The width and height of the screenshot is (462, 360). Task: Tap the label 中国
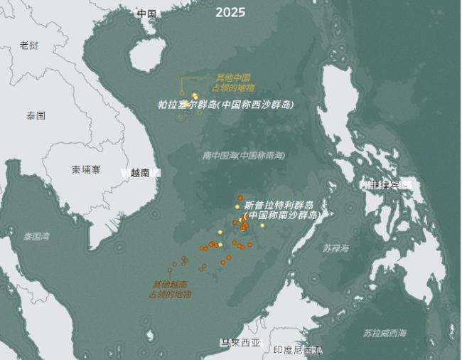[x=146, y=14]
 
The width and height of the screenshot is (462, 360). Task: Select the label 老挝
[x=29, y=45]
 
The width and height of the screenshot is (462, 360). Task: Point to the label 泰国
[x=36, y=115]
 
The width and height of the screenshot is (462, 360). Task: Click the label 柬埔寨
[x=85, y=169]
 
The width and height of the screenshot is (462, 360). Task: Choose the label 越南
[x=140, y=172]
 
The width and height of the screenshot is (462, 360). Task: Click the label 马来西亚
[x=240, y=342]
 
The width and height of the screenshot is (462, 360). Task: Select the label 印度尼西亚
[x=298, y=350]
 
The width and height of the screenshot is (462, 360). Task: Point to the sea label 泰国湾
[x=37, y=235]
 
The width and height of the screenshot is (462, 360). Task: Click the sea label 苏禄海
[x=335, y=248]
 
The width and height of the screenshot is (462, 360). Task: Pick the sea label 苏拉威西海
[x=385, y=333]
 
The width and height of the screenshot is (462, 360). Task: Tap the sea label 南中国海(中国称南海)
[x=243, y=154]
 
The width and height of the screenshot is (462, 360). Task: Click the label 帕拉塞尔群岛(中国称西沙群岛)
[x=225, y=105]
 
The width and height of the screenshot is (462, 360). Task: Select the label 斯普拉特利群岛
[x=279, y=204]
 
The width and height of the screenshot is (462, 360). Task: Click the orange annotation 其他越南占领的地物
[x=170, y=288]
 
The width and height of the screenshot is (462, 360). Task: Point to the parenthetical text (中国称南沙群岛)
[x=281, y=214]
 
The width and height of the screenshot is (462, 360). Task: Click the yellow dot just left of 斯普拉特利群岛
[x=237, y=207]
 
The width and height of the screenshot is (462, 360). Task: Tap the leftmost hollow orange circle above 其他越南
[x=170, y=270]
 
